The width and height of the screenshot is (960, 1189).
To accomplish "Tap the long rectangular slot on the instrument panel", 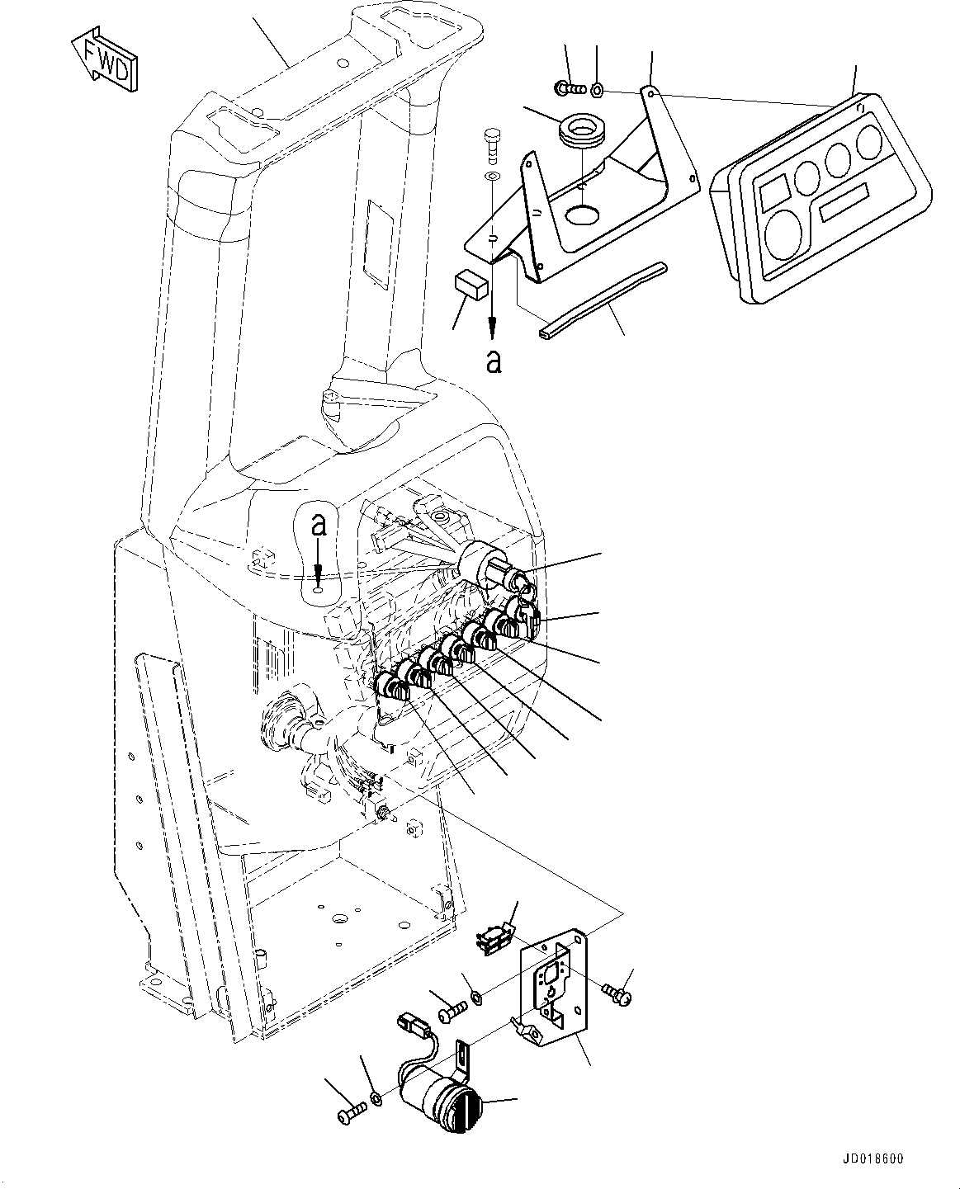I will coord(845,201).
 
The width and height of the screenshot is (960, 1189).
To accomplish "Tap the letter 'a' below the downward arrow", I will coord(493,361).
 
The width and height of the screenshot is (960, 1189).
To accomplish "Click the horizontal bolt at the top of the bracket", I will coord(569,86).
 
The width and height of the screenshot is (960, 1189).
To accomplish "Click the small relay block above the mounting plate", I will coord(494,939).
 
